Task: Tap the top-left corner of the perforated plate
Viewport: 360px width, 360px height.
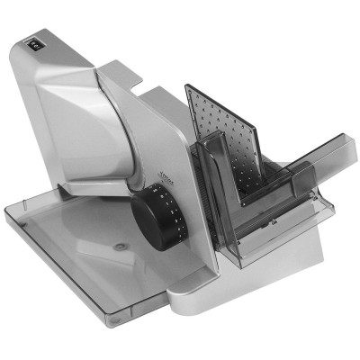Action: (187, 87)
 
